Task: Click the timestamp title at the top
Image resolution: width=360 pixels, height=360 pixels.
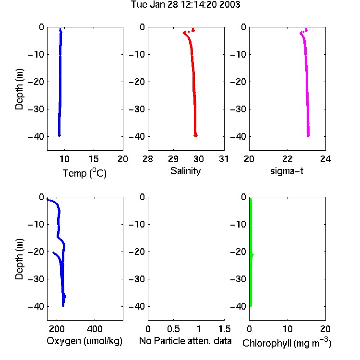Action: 185,5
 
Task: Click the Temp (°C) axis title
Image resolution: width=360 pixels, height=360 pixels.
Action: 84,173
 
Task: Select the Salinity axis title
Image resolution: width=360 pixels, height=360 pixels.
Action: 185,171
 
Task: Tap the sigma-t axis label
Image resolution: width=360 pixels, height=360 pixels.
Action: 287,171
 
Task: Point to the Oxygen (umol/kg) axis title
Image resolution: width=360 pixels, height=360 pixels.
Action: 84,341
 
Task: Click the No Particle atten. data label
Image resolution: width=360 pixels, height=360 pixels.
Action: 185,341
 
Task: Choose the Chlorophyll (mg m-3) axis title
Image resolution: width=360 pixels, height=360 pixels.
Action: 287,343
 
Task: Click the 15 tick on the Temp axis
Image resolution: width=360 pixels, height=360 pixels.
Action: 94,159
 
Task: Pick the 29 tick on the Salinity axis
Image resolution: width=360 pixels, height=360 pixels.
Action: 173,159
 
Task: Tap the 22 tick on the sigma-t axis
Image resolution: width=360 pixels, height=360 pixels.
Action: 288,159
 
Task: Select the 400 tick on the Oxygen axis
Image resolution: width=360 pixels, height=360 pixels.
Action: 95,329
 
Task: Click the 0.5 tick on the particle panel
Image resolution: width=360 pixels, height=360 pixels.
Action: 173,329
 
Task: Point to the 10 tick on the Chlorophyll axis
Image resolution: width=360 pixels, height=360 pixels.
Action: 288,329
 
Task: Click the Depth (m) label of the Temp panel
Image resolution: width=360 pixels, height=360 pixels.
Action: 19,89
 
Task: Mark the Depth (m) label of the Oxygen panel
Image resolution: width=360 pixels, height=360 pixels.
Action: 19,259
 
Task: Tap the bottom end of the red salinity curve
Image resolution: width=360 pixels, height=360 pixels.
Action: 195,136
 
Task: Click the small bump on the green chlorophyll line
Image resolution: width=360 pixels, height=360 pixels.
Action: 252,254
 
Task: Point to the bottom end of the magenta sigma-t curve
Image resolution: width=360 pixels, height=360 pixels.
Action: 308,136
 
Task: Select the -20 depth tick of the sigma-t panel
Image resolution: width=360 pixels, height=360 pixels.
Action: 238,82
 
